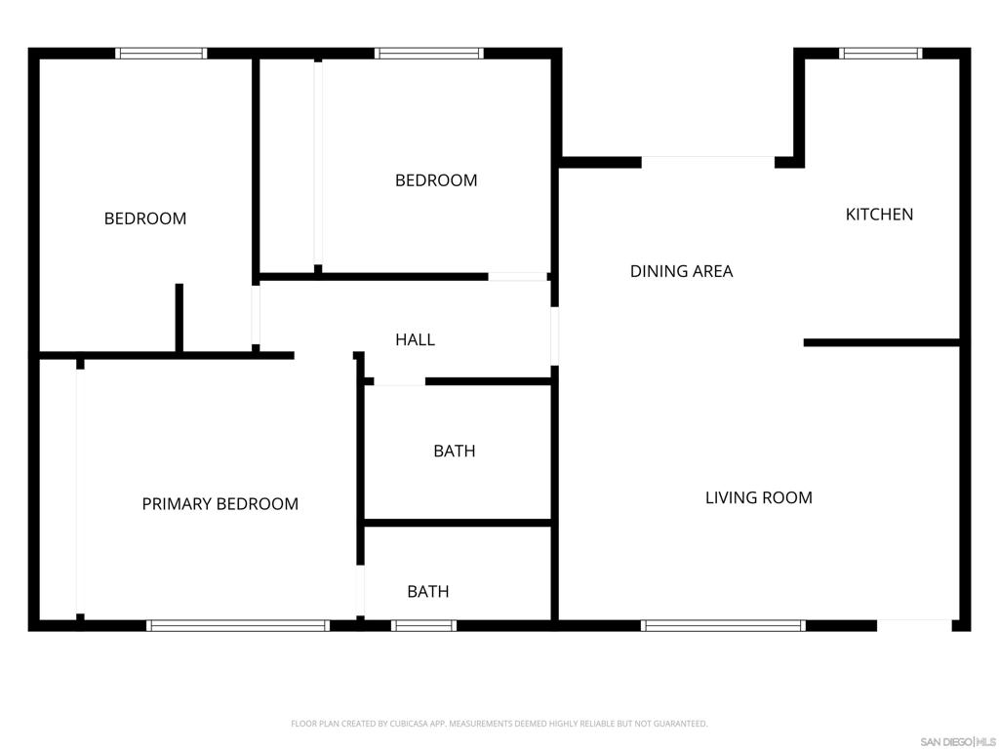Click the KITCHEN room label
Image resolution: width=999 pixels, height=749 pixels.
879,215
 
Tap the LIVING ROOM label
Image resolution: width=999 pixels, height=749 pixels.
759,497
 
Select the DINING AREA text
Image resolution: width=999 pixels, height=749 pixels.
681,271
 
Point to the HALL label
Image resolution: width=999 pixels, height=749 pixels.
415,339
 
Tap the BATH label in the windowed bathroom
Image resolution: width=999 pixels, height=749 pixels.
428,592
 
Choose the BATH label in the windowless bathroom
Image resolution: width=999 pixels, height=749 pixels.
455,451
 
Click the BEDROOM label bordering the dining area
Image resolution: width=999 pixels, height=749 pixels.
436,180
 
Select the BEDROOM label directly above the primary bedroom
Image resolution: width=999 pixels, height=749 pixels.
145,218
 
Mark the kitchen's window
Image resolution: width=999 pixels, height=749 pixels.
881,54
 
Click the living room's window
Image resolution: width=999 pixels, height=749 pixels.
723,625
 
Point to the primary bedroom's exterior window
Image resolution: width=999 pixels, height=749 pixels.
238,625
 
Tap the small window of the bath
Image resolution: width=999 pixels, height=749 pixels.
423,625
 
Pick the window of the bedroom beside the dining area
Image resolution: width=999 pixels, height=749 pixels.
429,54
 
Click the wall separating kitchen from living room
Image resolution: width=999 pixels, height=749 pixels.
882,342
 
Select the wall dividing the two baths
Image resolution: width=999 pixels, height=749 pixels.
458,523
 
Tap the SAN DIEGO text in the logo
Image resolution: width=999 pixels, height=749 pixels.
946,742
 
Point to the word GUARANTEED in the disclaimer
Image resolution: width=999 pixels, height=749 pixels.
684,724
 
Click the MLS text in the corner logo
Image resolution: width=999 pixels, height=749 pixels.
985,742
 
